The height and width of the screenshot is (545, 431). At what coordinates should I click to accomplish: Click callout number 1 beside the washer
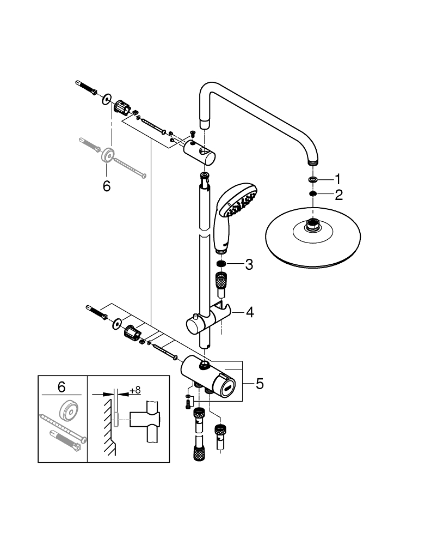pos(337,179)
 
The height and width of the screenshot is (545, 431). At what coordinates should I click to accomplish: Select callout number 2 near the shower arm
pos(338,195)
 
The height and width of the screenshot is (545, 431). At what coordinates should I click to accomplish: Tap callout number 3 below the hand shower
pos(248,265)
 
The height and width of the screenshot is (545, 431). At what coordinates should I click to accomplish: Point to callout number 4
pos(249,312)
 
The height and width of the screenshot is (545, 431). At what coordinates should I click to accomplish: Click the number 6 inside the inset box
pos(61,387)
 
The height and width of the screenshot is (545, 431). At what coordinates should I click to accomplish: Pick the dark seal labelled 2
pos(313,195)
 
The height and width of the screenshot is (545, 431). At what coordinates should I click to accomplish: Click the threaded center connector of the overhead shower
pos(312,223)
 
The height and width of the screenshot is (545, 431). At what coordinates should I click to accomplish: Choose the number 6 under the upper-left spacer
pos(107,186)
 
